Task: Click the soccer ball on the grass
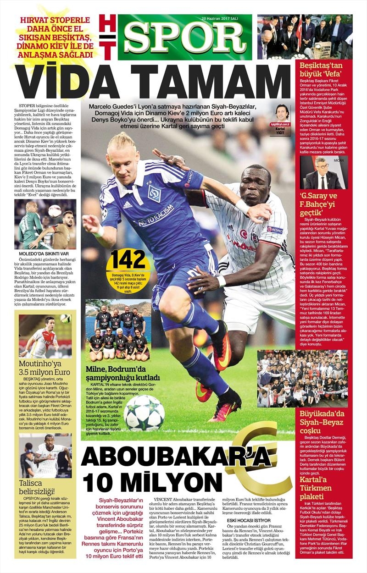[x=144, y=411]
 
